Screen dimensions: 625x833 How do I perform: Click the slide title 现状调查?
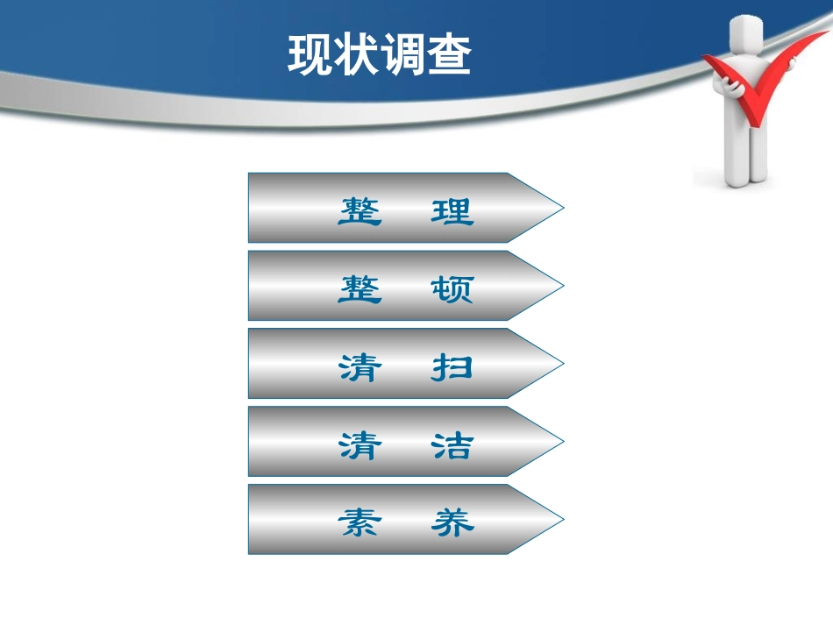click(x=379, y=55)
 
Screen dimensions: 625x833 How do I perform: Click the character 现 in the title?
click(x=310, y=55)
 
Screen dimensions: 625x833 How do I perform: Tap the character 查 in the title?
click(x=449, y=55)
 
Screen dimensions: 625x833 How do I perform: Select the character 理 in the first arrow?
click(x=452, y=211)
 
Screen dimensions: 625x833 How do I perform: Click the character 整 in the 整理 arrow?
click(x=360, y=211)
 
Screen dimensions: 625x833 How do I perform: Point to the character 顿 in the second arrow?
click(x=452, y=289)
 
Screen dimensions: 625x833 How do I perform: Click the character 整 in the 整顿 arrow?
click(x=360, y=289)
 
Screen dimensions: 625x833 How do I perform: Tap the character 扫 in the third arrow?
click(x=452, y=367)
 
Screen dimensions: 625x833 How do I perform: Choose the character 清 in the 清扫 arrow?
click(x=360, y=367)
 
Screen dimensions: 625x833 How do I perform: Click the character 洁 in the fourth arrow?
click(x=452, y=445)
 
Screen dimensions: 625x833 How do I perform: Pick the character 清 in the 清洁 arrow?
click(x=360, y=445)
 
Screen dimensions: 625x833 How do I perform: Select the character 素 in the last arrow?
click(x=360, y=523)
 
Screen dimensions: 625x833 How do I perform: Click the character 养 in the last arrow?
click(x=452, y=523)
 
